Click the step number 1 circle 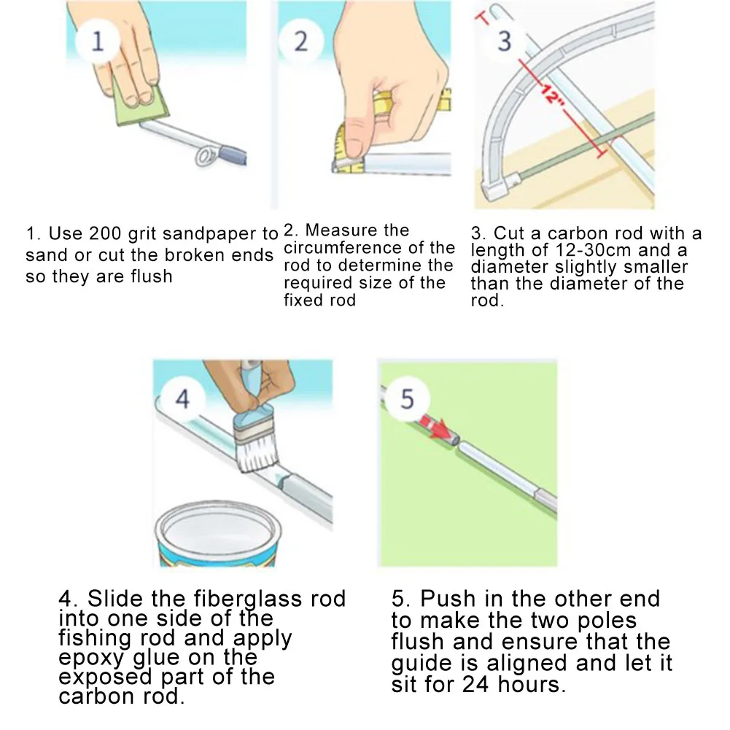(x=97, y=41)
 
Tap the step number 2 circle (x=300, y=41)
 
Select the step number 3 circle (x=504, y=41)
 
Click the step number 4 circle (x=182, y=398)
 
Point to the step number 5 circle (x=406, y=398)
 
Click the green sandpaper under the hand (x=140, y=105)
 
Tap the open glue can (x=218, y=533)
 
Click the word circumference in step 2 (x=343, y=248)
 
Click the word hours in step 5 (x=531, y=684)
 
